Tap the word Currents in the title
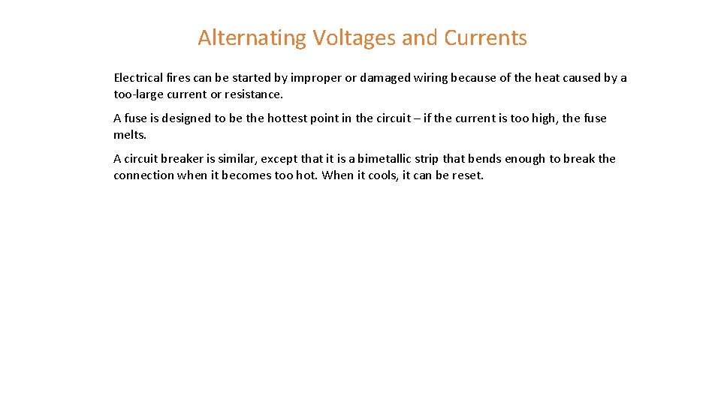[485, 37]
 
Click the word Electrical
[138, 78]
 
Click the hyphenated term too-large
[139, 94]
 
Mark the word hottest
[288, 118]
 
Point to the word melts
[129, 135]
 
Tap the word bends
[484, 159]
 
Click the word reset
[467, 175]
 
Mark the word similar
[236, 159]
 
